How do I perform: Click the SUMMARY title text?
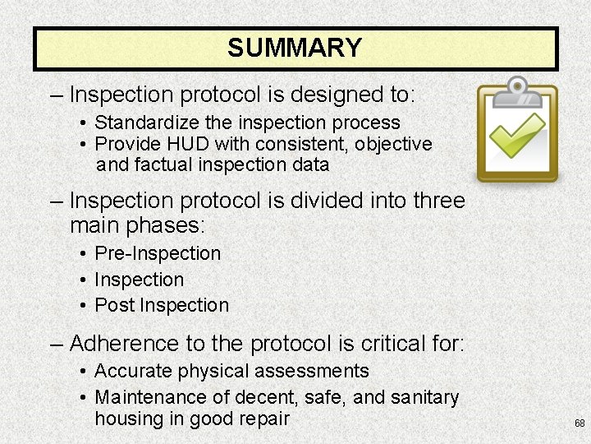(295, 49)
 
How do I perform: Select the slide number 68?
(580, 423)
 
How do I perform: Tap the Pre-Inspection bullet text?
(158, 253)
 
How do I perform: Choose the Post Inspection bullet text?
(162, 305)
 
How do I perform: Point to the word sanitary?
(424, 397)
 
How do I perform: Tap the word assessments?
(314, 372)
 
